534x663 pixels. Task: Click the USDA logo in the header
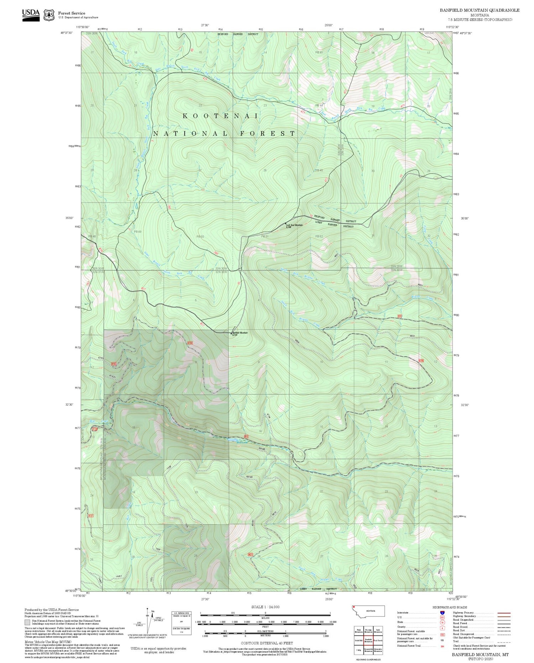(31, 15)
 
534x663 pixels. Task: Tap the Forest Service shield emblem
(49, 15)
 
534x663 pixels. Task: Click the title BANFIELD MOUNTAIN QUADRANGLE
(479, 10)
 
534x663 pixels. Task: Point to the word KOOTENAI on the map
(220, 116)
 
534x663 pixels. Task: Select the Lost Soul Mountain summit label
(294, 225)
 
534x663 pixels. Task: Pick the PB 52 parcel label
(319, 236)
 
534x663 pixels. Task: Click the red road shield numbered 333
(400, 316)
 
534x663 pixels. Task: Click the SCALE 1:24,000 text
(265, 607)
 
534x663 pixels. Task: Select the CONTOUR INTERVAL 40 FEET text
(267, 643)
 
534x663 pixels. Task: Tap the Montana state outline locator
(368, 611)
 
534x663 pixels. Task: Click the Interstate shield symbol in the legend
(442, 613)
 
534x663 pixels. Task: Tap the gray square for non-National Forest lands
(27, 622)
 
